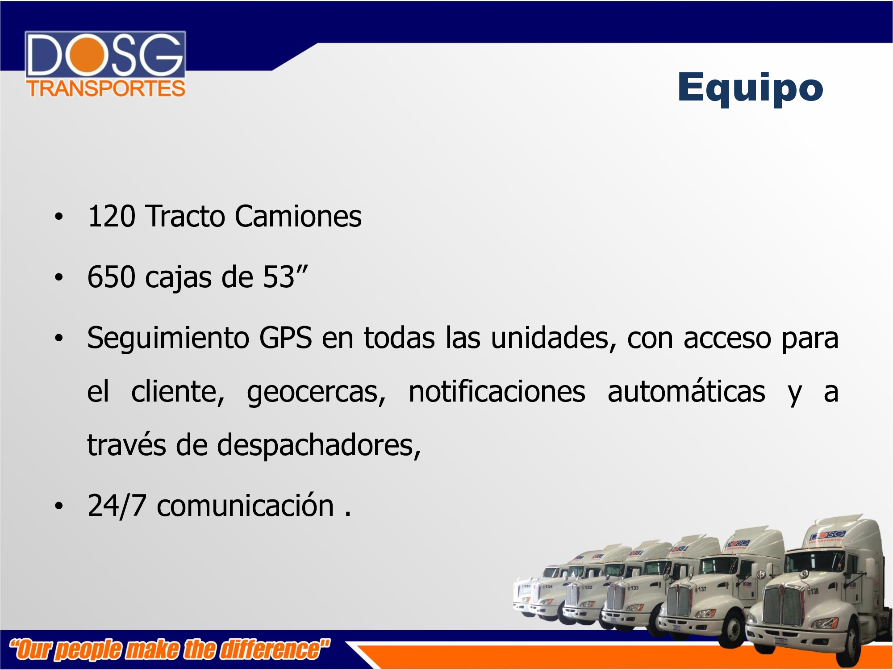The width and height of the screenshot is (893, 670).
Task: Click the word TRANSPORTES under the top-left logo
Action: click(x=106, y=88)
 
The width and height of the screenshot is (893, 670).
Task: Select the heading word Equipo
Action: click(x=750, y=88)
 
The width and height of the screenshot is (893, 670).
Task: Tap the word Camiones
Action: click(x=298, y=217)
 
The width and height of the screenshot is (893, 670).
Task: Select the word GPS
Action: click(x=286, y=338)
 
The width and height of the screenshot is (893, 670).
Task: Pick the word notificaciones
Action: click(x=497, y=392)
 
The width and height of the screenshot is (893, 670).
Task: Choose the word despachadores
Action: click(x=319, y=446)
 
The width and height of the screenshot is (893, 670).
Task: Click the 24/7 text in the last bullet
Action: click(x=117, y=506)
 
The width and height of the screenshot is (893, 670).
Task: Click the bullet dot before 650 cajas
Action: click(x=59, y=277)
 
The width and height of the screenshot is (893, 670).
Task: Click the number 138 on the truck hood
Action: click(x=814, y=591)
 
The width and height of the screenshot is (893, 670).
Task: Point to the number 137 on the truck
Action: click(x=702, y=589)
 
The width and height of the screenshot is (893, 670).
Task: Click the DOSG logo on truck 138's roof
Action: click(x=827, y=536)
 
